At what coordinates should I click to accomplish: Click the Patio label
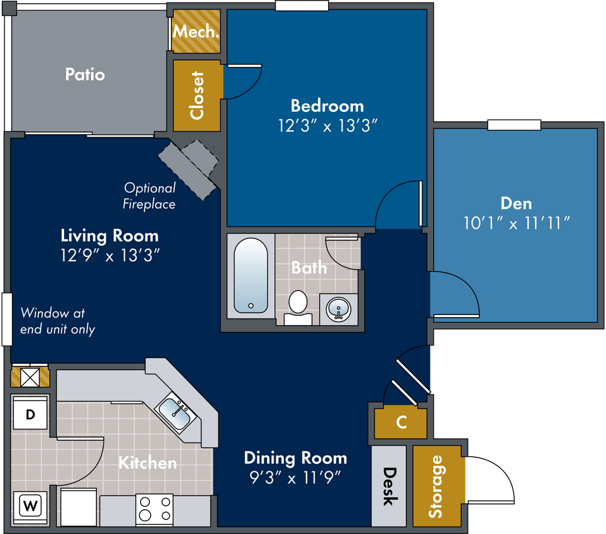pos(85,74)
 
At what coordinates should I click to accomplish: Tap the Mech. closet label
pos(196,31)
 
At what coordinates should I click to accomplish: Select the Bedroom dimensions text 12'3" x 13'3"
pos(327,125)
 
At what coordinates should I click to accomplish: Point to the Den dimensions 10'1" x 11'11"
pos(516,223)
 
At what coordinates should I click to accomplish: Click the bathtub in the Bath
pos(251,275)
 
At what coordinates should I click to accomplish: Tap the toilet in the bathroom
pos(298,307)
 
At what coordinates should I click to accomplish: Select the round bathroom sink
pos(339,309)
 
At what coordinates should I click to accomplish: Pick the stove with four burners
pos(155,509)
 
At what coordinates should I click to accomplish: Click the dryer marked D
pos(30,414)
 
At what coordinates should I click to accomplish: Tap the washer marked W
pos(30,507)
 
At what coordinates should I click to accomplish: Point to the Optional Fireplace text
pos(149,196)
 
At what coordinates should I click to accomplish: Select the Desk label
pos(389,486)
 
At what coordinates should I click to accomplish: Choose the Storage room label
pos(436,486)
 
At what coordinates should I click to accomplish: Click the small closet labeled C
pos(401,423)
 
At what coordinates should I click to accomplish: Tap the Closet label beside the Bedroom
pos(197,96)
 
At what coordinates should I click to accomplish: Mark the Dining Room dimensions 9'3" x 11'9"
pos(295,478)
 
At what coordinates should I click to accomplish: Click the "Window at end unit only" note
pos(58,321)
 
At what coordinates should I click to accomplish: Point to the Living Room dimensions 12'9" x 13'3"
pos(110,255)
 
